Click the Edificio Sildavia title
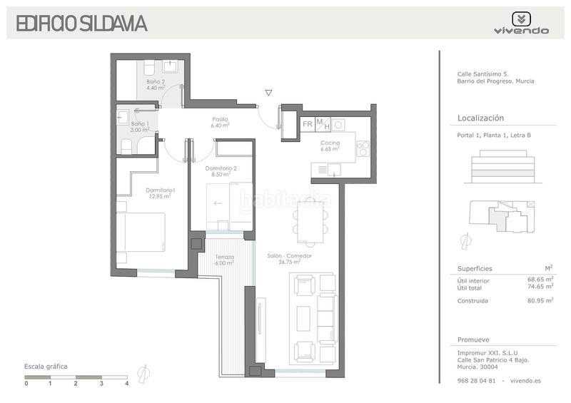(x=81, y=24)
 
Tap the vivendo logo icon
(x=521, y=19)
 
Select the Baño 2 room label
(x=156, y=84)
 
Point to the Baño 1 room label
(x=140, y=127)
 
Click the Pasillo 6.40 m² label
(x=220, y=122)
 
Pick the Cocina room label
(x=330, y=146)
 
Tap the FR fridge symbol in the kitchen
(x=308, y=124)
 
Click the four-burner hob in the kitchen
(x=363, y=148)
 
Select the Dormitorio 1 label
(x=160, y=193)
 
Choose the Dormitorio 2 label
(x=221, y=171)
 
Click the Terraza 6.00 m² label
(x=224, y=260)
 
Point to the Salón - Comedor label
(x=289, y=258)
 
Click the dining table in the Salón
(x=310, y=222)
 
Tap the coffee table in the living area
(x=303, y=319)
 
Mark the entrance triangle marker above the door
(x=268, y=93)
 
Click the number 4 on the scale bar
(x=127, y=383)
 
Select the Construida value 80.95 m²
(x=540, y=300)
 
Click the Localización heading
(x=480, y=118)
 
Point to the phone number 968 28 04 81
(x=476, y=381)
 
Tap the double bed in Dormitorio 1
(x=141, y=232)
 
